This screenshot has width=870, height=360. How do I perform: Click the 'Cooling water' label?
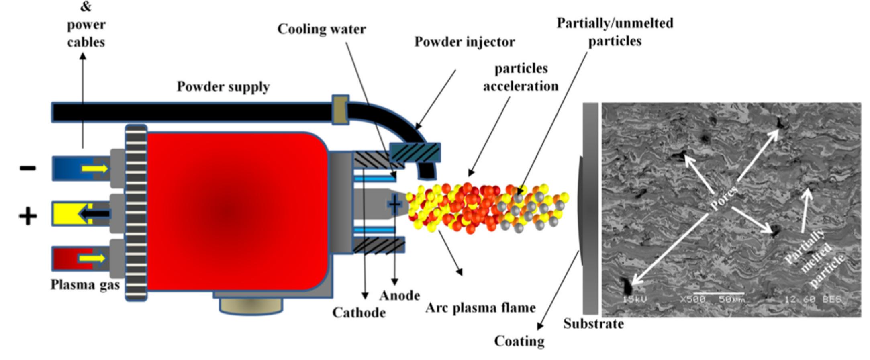coord(321,29)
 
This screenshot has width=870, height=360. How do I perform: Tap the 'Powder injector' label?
coord(464,42)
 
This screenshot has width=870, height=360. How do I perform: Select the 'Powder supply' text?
coord(223,87)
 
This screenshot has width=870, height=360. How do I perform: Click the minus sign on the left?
coord(28,168)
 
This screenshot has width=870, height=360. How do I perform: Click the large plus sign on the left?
coord(28,217)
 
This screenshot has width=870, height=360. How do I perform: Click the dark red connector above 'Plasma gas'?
coord(79,259)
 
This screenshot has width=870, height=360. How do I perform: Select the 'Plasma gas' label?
coord(85,285)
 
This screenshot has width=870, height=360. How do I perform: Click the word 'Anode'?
coord(400,296)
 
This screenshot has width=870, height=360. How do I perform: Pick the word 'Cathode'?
coord(359,313)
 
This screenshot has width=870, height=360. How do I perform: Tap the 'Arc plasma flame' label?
coord(480,308)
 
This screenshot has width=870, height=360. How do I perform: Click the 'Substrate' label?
coord(593,324)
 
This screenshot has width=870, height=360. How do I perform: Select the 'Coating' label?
coord(519,341)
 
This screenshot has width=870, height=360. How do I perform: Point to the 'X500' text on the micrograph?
coord(692,299)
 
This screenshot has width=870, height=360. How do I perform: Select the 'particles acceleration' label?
coord(521,77)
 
